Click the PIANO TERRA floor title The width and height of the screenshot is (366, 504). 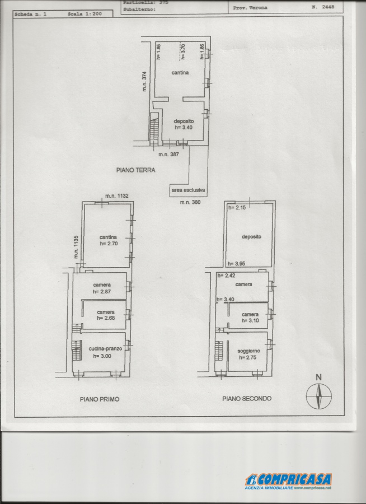pos(136,170)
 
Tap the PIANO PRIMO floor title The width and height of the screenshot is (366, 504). pos(99,399)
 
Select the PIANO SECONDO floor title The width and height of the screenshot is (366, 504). pos(247,399)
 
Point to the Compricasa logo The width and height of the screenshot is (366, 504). pos(288,481)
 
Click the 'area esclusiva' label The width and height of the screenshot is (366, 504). pos(188,190)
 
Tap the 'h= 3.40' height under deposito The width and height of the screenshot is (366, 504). pos(184,127)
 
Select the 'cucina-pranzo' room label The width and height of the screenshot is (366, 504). pos(105,348)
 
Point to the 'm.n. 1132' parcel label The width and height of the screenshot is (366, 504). pos(117,196)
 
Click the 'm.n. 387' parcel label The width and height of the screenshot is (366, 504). pos(168,155)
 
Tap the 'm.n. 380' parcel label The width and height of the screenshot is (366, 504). pos(190,202)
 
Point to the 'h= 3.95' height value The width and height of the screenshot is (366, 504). pos(237,264)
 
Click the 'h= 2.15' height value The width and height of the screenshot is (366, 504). pos(237,208)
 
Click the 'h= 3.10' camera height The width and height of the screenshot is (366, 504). pos(250,321)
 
